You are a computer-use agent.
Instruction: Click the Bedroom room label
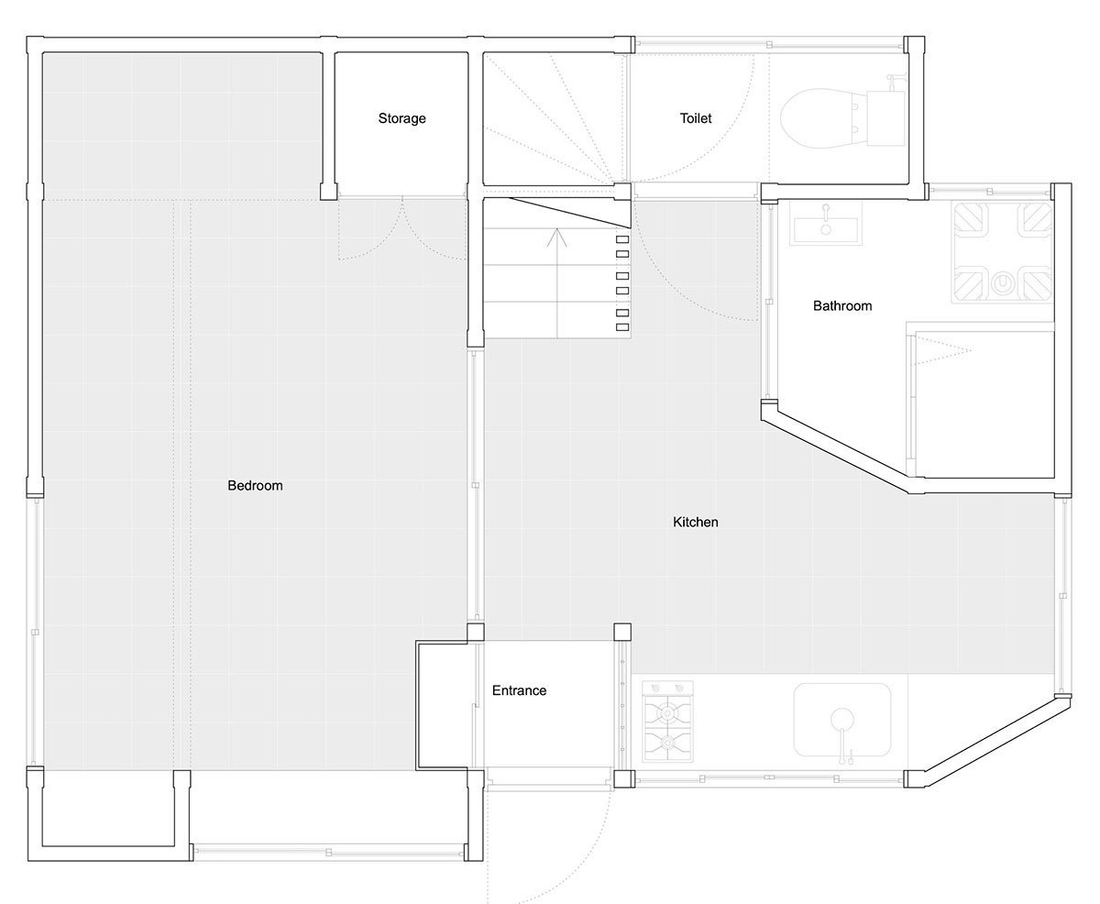coord(255,486)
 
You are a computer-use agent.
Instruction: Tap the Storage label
coord(401,118)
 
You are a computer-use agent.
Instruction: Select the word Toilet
coord(695,118)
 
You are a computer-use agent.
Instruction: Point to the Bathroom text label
coord(842,305)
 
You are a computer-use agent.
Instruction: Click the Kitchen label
coord(695,523)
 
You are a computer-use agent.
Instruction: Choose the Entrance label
coord(519,690)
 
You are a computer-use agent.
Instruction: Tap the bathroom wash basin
coord(826,225)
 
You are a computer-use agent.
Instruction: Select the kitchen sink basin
coord(841,720)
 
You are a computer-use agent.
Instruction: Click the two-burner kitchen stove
coord(667,721)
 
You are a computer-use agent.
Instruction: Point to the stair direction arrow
coord(557,283)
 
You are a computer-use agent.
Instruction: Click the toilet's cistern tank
coord(886,118)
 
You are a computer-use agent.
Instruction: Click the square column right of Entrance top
coord(622,632)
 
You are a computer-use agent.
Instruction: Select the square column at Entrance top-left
coord(475,632)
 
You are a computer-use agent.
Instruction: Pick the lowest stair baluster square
coord(622,327)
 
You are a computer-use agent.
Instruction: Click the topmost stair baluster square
coord(622,239)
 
